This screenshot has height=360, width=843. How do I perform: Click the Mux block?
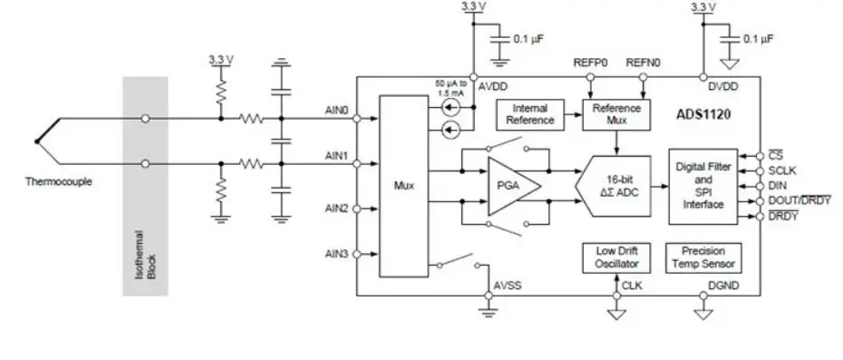(x=403, y=185)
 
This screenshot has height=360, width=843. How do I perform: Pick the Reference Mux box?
(x=616, y=114)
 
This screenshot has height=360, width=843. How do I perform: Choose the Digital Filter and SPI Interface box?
(x=703, y=185)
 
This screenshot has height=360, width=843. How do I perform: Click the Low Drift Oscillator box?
(x=616, y=258)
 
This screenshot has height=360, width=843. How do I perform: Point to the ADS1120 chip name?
(x=703, y=115)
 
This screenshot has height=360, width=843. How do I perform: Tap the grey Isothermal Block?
(x=146, y=185)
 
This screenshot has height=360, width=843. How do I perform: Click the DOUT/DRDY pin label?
(x=799, y=199)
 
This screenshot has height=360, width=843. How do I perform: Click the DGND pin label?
(x=722, y=285)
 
